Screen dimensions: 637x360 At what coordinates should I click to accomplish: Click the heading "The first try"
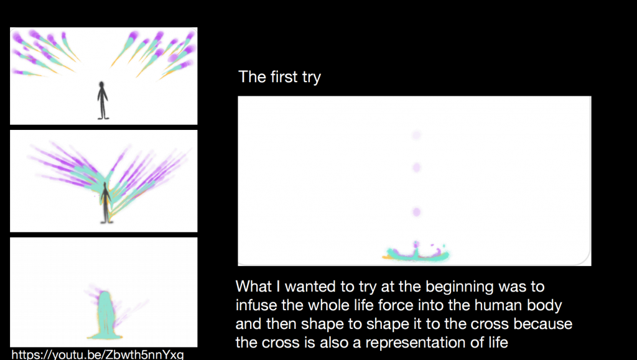(279, 76)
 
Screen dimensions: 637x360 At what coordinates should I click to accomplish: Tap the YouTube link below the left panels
(97, 354)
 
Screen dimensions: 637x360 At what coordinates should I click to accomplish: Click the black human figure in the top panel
(103, 101)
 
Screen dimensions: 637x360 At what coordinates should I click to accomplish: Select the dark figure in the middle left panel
(106, 203)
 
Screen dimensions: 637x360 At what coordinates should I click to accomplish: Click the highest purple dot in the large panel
(416, 135)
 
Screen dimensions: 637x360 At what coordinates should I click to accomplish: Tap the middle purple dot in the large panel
(416, 167)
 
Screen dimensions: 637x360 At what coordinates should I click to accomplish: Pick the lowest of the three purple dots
(416, 212)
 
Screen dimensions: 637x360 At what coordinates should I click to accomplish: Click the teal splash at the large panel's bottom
(416, 253)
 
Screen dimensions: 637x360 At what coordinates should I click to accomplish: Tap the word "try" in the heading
(312, 78)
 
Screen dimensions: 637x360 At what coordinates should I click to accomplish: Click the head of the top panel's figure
(101, 85)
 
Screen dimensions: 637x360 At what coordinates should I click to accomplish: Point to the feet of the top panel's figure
(103, 118)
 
